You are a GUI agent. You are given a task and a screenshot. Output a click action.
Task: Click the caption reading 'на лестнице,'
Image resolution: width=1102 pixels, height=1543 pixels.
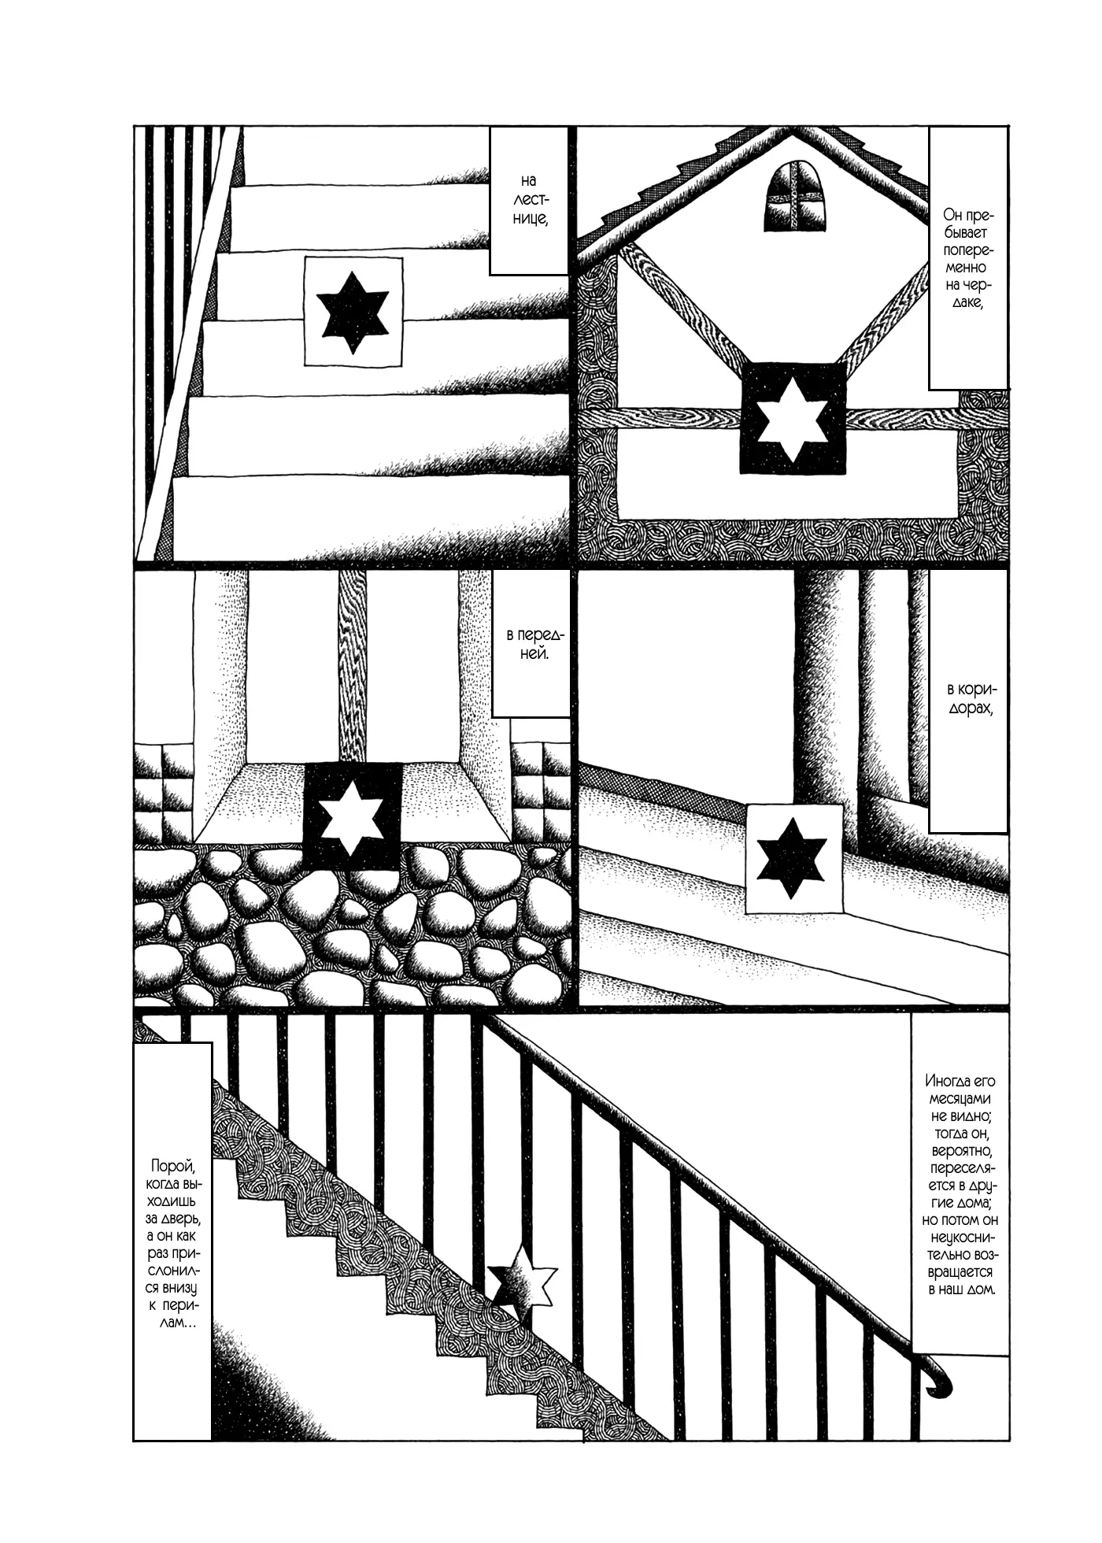point(529,202)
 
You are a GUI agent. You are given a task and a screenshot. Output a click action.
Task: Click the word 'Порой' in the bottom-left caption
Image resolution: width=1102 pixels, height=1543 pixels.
point(169,1167)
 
